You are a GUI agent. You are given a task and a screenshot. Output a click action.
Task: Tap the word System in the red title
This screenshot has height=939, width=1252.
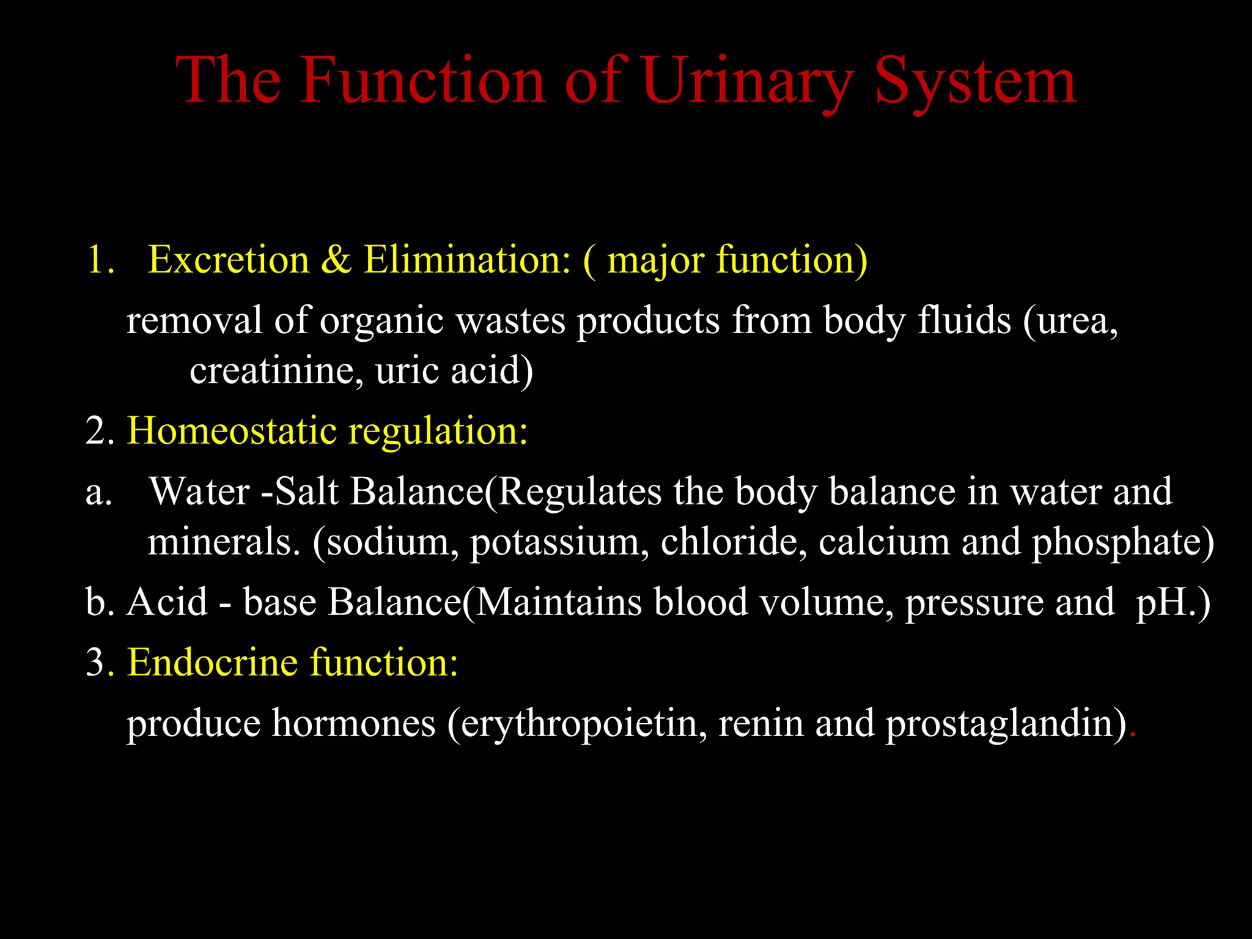click(975, 83)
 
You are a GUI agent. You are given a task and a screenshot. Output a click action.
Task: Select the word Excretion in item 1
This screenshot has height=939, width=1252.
click(229, 259)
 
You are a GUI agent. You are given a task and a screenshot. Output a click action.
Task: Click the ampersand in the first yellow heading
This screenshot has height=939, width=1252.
click(336, 259)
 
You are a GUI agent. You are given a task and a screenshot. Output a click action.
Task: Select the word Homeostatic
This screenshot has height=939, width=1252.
click(232, 431)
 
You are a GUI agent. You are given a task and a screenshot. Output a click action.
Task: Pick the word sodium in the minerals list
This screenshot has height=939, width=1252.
click(391, 542)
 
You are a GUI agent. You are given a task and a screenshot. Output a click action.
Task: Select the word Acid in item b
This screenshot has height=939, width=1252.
click(168, 602)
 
